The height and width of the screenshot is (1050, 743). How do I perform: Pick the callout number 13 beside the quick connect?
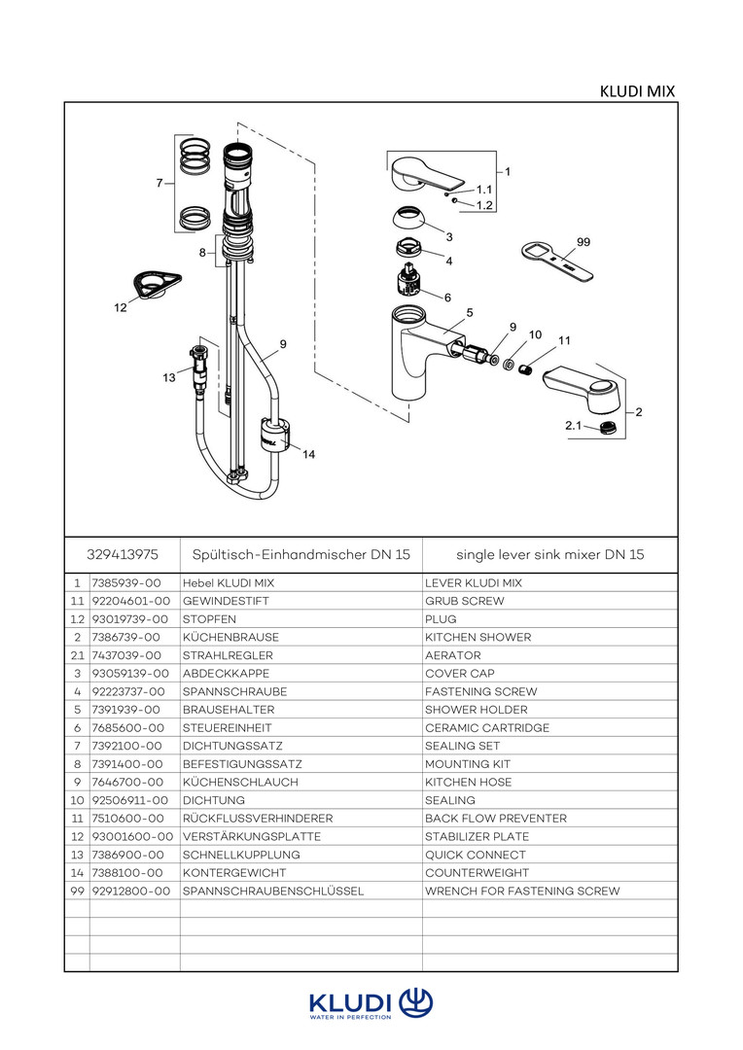point(169,377)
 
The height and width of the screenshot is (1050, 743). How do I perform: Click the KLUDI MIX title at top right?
point(637,91)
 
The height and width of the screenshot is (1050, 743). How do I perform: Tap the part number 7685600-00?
point(126,728)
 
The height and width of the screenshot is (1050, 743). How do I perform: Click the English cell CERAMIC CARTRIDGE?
point(487,728)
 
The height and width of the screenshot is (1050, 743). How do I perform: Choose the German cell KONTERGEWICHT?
point(229,873)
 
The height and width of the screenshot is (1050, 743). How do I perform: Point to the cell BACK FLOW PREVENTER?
point(496,819)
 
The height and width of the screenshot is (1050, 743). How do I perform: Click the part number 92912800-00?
point(130,892)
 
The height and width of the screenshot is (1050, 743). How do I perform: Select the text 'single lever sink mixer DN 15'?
point(550,555)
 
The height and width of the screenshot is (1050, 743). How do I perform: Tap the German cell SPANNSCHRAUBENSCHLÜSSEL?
point(273,892)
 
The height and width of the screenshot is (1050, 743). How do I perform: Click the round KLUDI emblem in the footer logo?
point(416,1002)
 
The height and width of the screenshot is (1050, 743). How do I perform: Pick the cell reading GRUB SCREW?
point(465,602)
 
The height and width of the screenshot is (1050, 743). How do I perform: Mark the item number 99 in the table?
point(77,892)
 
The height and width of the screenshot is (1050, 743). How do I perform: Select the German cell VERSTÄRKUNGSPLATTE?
point(252,837)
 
